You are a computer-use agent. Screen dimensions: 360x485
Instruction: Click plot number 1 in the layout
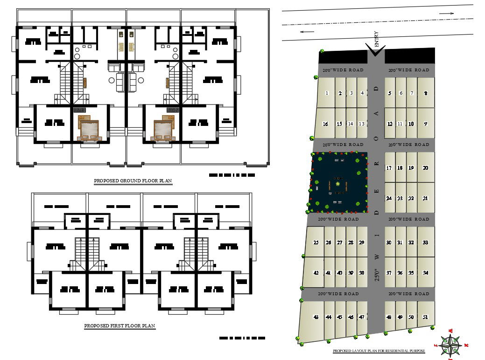click(327, 93)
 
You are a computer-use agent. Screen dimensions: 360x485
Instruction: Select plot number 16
click(325, 124)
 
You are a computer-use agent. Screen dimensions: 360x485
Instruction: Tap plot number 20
click(425, 168)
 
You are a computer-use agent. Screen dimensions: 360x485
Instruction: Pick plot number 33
click(425, 242)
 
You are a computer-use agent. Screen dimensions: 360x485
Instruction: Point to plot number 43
click(316, 317)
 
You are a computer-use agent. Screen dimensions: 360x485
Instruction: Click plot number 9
click(425, 124)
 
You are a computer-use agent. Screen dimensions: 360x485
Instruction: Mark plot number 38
click(361, 273)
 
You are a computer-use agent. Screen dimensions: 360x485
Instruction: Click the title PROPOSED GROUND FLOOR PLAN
click(133, 181)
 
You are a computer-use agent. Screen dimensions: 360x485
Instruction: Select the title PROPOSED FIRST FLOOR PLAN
click(119, 326)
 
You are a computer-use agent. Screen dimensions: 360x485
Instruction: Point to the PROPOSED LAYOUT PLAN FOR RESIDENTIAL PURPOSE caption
click(379, 351)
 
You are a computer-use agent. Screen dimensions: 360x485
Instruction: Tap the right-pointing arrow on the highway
click(447, 14)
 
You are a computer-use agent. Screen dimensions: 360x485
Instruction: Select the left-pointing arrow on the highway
click(307, 32)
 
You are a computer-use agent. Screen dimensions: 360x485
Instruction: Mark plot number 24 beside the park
click(389, 198)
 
